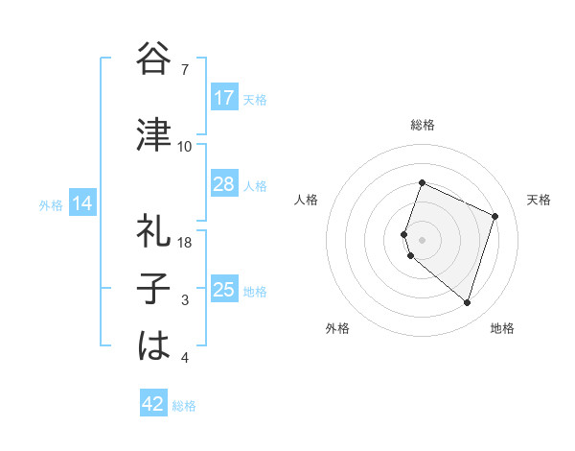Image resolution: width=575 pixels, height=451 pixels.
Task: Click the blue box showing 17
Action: coord(224,98)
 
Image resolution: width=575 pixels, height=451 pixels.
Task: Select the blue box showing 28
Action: coord(224,184)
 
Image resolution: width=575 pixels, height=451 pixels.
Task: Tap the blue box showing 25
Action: coord(224,290)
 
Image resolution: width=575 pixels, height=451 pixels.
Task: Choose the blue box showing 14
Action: coord(81,203)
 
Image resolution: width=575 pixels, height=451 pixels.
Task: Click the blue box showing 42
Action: coord(153,404)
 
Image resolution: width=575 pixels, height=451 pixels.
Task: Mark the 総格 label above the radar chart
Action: coord(423,125)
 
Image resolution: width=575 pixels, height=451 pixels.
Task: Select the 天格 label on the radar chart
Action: coord(539,200)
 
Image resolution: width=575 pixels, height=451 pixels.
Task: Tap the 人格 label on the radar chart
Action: coord(307,200)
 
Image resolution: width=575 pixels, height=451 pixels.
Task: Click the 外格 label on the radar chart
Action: coord(337,328)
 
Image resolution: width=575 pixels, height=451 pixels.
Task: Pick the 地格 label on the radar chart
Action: coord(502,328)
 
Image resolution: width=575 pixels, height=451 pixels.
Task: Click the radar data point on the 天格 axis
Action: coord(495,216)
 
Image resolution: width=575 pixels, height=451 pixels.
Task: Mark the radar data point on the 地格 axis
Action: coord(467,302)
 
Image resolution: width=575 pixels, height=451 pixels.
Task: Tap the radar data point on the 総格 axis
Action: coord(422,183)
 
